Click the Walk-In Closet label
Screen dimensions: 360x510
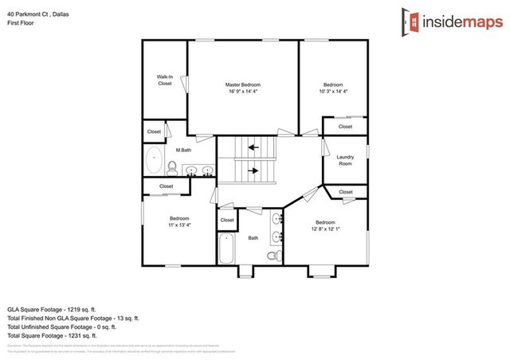click(165, 80)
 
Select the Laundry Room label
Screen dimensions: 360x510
click(345, 160)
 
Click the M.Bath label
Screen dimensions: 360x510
click(182, 149)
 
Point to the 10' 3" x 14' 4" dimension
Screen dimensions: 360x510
click(332, 92)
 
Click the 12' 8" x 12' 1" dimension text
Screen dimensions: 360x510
click(324, 228)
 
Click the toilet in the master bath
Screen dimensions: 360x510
click(171, 166)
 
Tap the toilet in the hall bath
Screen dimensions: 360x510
click(273, 256)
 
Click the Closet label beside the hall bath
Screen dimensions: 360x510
click(227, 220)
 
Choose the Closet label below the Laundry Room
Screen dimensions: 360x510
click(345, 192)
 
